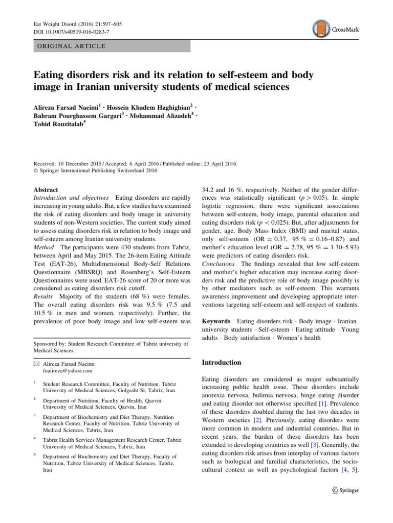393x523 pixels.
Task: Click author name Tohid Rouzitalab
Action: coord(58,124)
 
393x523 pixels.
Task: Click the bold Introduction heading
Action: coord(222,362)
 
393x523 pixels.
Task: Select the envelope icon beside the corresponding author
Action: coord(37,364)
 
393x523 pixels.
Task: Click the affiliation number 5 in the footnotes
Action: coord(34,454)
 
